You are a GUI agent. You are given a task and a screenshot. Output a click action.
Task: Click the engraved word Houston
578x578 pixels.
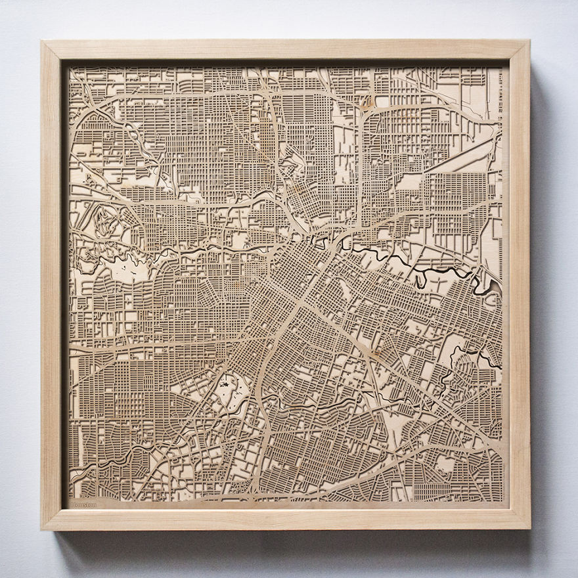83,504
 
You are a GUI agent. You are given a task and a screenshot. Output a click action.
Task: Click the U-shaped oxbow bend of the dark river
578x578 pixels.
420,278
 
